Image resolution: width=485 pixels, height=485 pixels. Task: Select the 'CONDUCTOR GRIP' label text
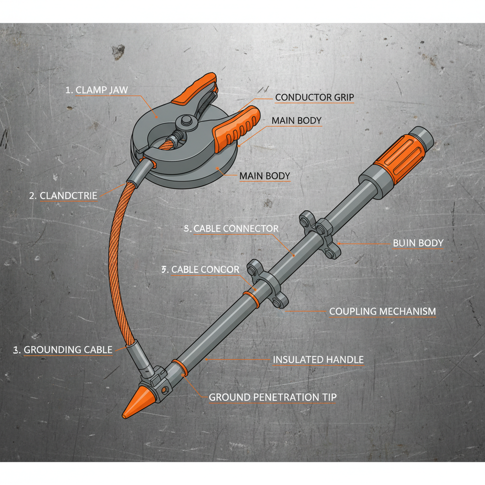314,98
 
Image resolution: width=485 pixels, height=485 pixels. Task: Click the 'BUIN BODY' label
418,243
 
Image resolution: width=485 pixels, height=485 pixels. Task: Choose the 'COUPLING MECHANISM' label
382,312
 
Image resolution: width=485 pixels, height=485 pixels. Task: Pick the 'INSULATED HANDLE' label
318,360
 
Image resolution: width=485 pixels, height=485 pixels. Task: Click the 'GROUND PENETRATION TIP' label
272,397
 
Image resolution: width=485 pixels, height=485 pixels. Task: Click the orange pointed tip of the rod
133,405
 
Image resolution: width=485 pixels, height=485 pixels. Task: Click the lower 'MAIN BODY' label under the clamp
264,176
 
